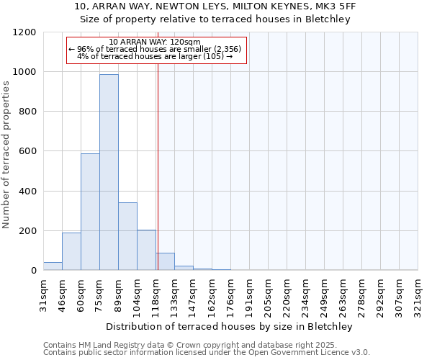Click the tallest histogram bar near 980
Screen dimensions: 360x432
(x=109, y=173)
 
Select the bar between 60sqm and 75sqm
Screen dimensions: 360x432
(x=90, y=212)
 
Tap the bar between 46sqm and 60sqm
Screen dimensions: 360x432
(x=71, y=251)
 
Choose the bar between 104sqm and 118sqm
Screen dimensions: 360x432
(x=146, y=250)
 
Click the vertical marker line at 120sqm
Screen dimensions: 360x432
(x=158, y=166)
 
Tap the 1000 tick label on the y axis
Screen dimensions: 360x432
(x=24, y=72)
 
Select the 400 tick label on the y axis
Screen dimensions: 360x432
(x=27, y=192)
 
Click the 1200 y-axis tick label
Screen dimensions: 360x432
(x=24, y=32)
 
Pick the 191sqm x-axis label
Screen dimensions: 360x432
(x=250, y=292)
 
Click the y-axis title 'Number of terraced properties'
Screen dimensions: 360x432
(x=6, y=155)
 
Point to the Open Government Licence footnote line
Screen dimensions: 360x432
(x=207, y=353)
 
